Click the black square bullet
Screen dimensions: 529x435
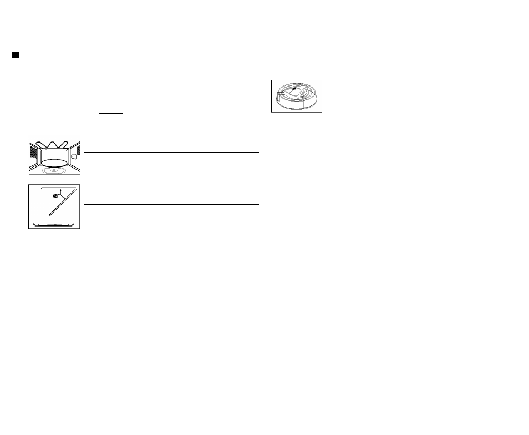tap(16, 55)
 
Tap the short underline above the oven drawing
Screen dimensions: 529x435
tap(111, 113)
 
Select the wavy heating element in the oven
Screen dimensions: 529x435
tap(52, 145)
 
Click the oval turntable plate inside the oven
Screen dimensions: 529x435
tap(54, 163)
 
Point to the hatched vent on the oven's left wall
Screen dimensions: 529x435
tap(33, 151)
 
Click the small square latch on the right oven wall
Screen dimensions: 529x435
tap(74, 157)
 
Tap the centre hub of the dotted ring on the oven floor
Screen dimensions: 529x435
tap(54, 171)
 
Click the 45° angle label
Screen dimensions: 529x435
tap(56, 196)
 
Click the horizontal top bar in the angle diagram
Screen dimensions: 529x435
tap(59, 188)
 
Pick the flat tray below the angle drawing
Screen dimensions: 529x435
tap(54, 225)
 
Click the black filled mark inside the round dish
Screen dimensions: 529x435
tap(294, 89)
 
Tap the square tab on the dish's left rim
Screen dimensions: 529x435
tap(281, 93)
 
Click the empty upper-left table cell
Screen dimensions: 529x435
tap(125, 143)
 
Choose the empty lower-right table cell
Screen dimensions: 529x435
tap(212, 178)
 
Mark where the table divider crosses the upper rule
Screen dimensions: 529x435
tap(166, 152)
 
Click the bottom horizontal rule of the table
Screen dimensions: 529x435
tap(171, 204)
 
